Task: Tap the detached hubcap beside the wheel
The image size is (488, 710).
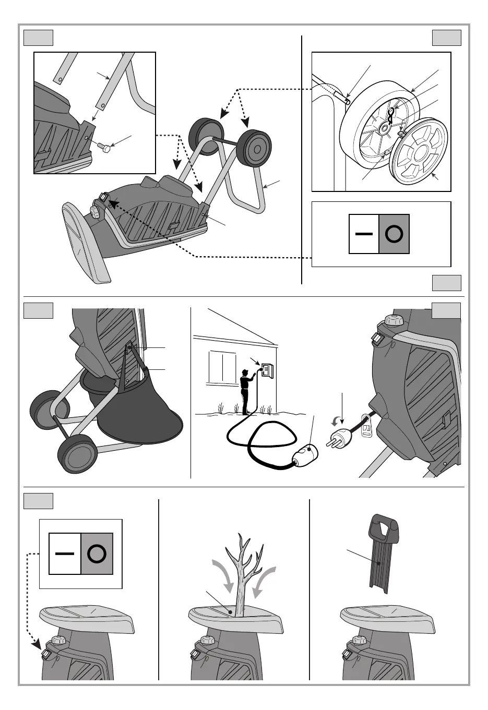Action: pos(420,152)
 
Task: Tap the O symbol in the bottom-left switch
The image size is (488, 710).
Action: pos(97,553)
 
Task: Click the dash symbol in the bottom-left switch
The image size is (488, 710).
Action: pos(65,553)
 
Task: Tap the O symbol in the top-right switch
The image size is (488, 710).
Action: pos(394,234)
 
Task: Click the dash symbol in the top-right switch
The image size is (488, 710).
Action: pos(364,234)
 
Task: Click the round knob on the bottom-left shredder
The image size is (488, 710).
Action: pos(57,641)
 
